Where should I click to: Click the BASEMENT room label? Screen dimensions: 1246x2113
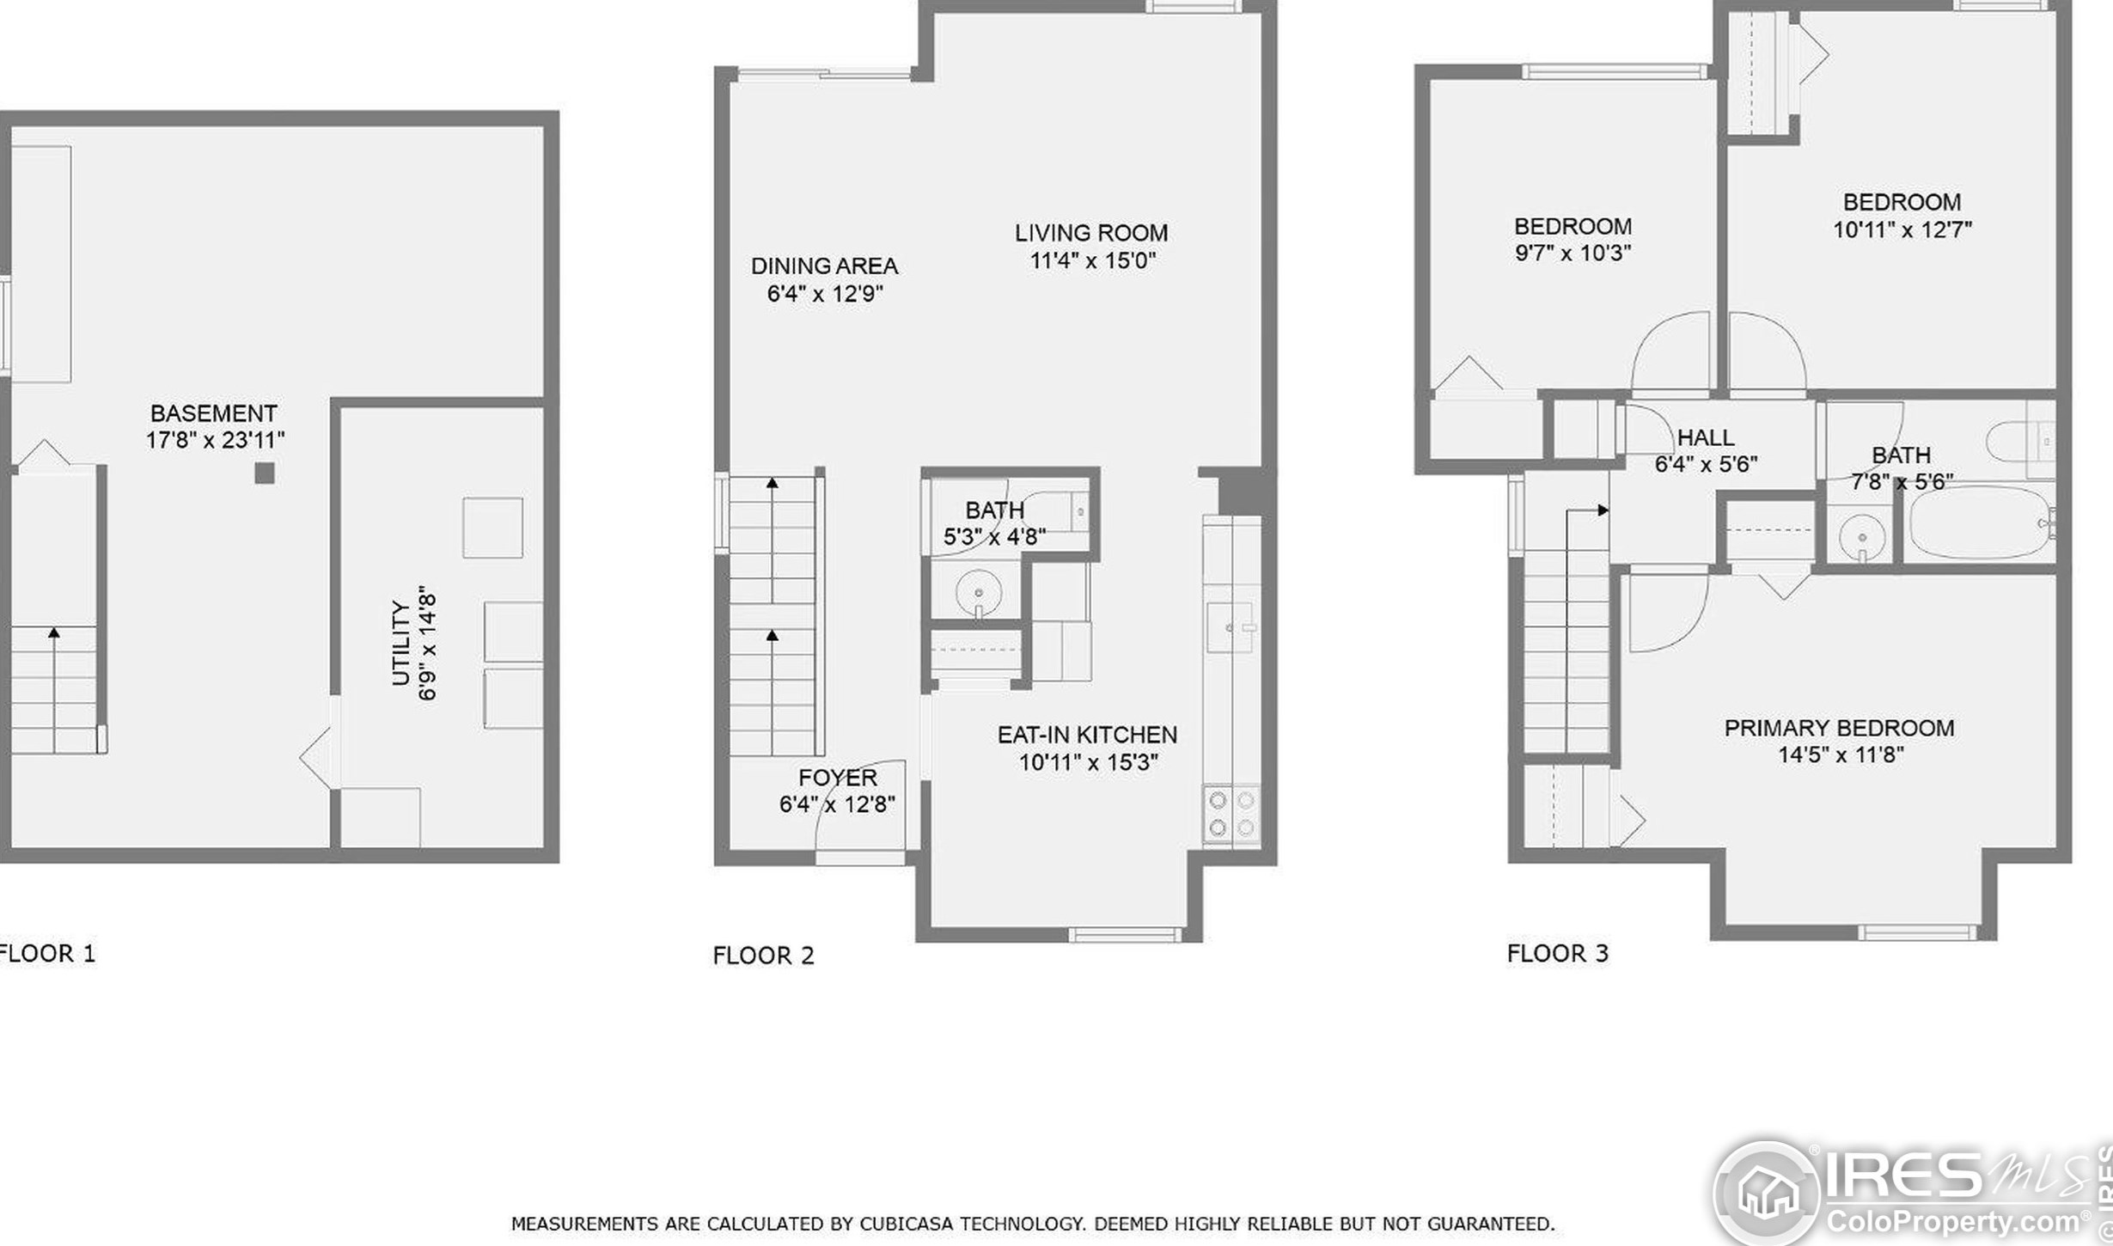click(x=214, y=413)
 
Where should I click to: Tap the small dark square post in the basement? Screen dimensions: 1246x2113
click(x=265, y=473)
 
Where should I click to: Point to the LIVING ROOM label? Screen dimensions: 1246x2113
click(x=1091, y=233)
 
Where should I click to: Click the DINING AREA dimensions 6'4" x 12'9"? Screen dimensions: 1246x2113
click(x=825, y=294)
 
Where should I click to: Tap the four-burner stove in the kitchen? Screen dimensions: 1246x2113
click(x=1231, y=815)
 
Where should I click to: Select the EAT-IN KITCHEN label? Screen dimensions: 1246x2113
click(x=1087, y=735)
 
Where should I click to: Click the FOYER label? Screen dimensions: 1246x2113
click(x=838, y=778)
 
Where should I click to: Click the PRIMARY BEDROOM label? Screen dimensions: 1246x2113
click(x=1840, y=728)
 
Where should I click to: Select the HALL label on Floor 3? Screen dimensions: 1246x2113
click(x=1706, y=437)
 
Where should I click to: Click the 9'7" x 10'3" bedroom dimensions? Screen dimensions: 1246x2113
click(x=1573, y=253)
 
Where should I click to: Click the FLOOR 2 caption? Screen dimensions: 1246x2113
click(x=763, y=956)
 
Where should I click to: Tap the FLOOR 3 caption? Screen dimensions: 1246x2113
click(x=1557, y=953)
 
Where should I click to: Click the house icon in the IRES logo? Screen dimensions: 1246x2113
click(x=1768, y=1193)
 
